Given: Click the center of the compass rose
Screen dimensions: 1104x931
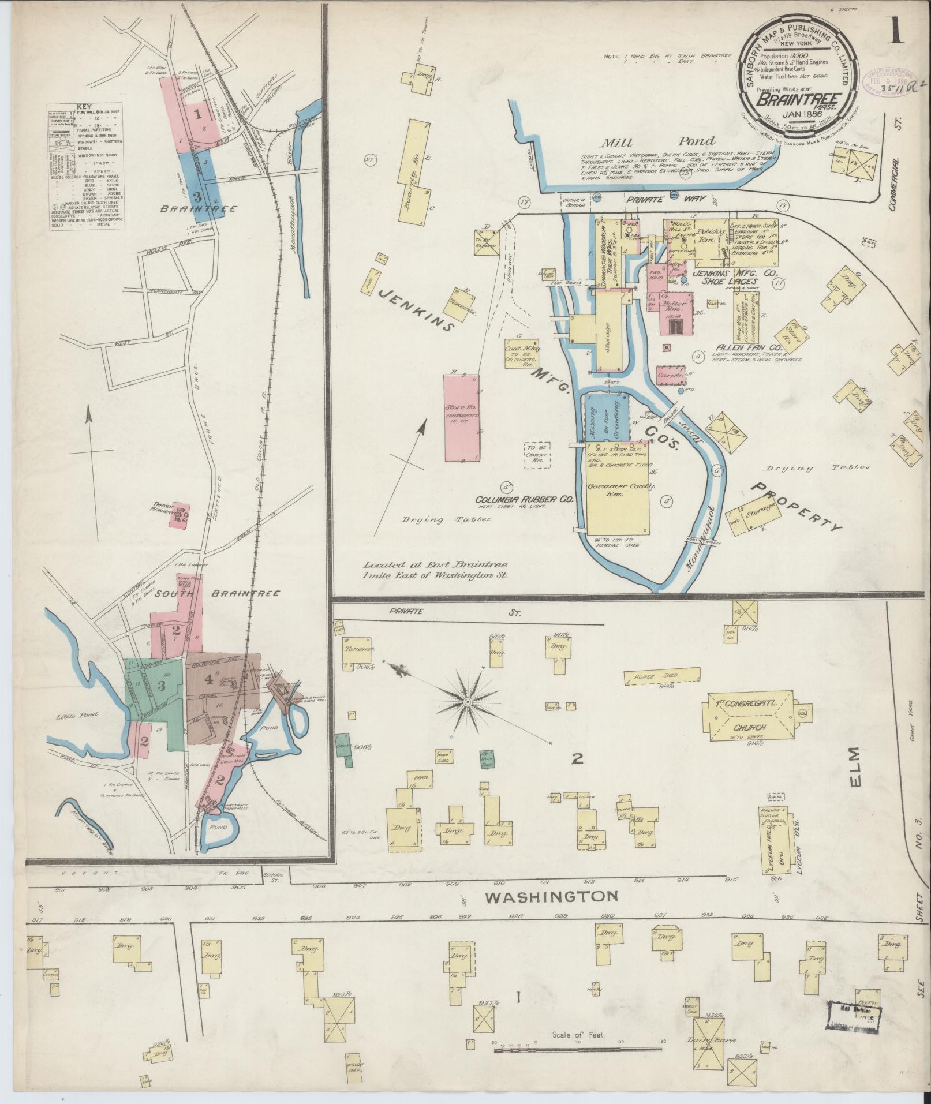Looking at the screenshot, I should pyautogui.click(x=468, y=702).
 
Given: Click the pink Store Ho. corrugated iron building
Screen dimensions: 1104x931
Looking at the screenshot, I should pyautogui.click(x=461, y=417).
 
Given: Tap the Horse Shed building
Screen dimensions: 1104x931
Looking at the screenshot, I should pyautogui.click(x=663, y=676).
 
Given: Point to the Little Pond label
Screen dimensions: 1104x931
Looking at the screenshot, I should pyautogui.click(x=78, y=715).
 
